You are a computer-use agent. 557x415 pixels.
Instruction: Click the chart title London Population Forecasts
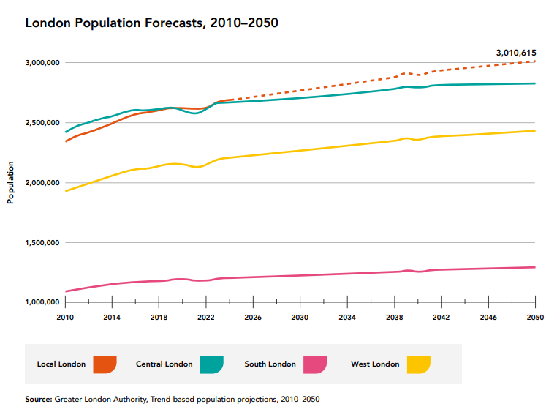pyautogui.click(x=151, y=23)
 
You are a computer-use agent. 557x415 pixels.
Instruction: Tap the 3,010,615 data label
pyautogui.click(x=516, y=52)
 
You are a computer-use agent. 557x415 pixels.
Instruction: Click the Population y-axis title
pyautogui.click(x=11, y=183)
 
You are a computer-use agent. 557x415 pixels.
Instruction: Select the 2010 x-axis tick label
pyautogui.click(x=66, y=318)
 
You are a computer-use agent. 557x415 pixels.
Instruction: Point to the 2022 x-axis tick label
pyautogui.click(x=206, y=318)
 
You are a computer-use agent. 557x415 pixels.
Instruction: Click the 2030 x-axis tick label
pyautogui.click(x=300, y=318)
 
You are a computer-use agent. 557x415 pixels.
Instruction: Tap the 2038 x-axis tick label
pyautogui.click(x=394, y=318)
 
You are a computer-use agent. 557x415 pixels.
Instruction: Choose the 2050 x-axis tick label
pyautogui.click(x=535, y=318)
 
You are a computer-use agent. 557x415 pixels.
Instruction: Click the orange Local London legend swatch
pyautogui.click(x=105, y=364)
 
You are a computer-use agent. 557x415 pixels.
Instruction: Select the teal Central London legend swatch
pyautogui.click(x=211, y=364)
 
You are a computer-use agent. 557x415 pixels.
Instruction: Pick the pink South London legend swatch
pyautogui.click(x=315, y=364)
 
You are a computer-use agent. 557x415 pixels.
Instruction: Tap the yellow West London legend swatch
pyautogui.click(x=419, y=364)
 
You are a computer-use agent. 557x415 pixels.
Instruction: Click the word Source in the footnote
pyautogui.click(x=37, y=400)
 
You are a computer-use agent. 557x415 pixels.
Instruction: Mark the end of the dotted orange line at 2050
pyautogui.click(x=535, y=61)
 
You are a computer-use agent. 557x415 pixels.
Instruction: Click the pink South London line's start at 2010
pyautogui.click(x=66, y=291)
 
